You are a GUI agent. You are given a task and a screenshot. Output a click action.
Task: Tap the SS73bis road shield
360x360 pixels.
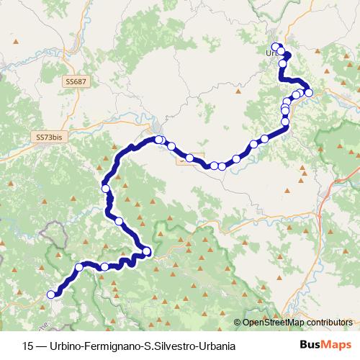50,136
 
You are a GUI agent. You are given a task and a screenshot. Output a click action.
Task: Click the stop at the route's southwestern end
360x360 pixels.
51,294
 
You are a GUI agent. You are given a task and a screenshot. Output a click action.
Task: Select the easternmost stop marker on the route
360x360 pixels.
309,92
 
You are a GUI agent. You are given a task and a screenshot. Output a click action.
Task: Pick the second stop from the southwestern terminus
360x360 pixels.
79,268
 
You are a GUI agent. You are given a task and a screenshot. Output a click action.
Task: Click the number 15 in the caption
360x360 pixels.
28,345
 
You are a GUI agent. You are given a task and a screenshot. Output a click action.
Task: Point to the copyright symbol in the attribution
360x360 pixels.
238,323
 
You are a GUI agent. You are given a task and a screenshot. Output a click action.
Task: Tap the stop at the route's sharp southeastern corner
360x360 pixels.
147,251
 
